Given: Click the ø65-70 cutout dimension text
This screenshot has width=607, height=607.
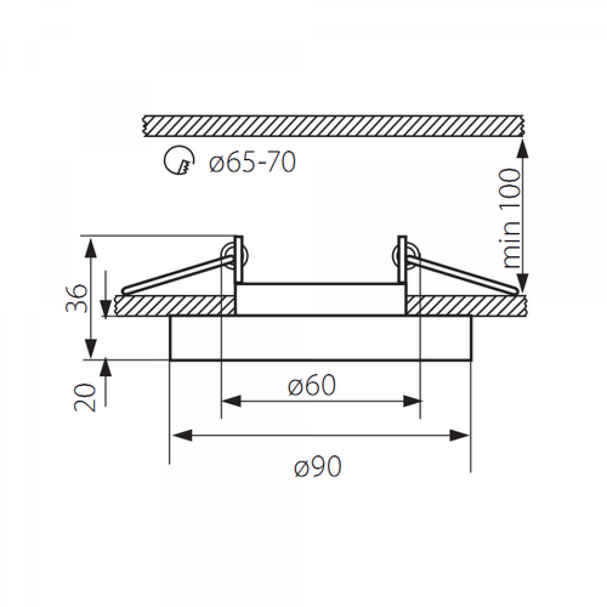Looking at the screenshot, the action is click(253, 162).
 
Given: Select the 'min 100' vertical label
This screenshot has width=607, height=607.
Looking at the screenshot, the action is click(510, 219).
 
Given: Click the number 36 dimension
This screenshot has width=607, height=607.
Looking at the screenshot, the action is click(76, 298).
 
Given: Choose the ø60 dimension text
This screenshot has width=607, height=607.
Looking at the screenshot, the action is click(312, 385).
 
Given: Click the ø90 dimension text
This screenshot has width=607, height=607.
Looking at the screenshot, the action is click(318, 467).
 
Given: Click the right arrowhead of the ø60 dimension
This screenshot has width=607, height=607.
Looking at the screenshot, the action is click(413, 401).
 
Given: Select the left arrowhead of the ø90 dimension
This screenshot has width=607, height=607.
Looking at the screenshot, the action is click(182, 435).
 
